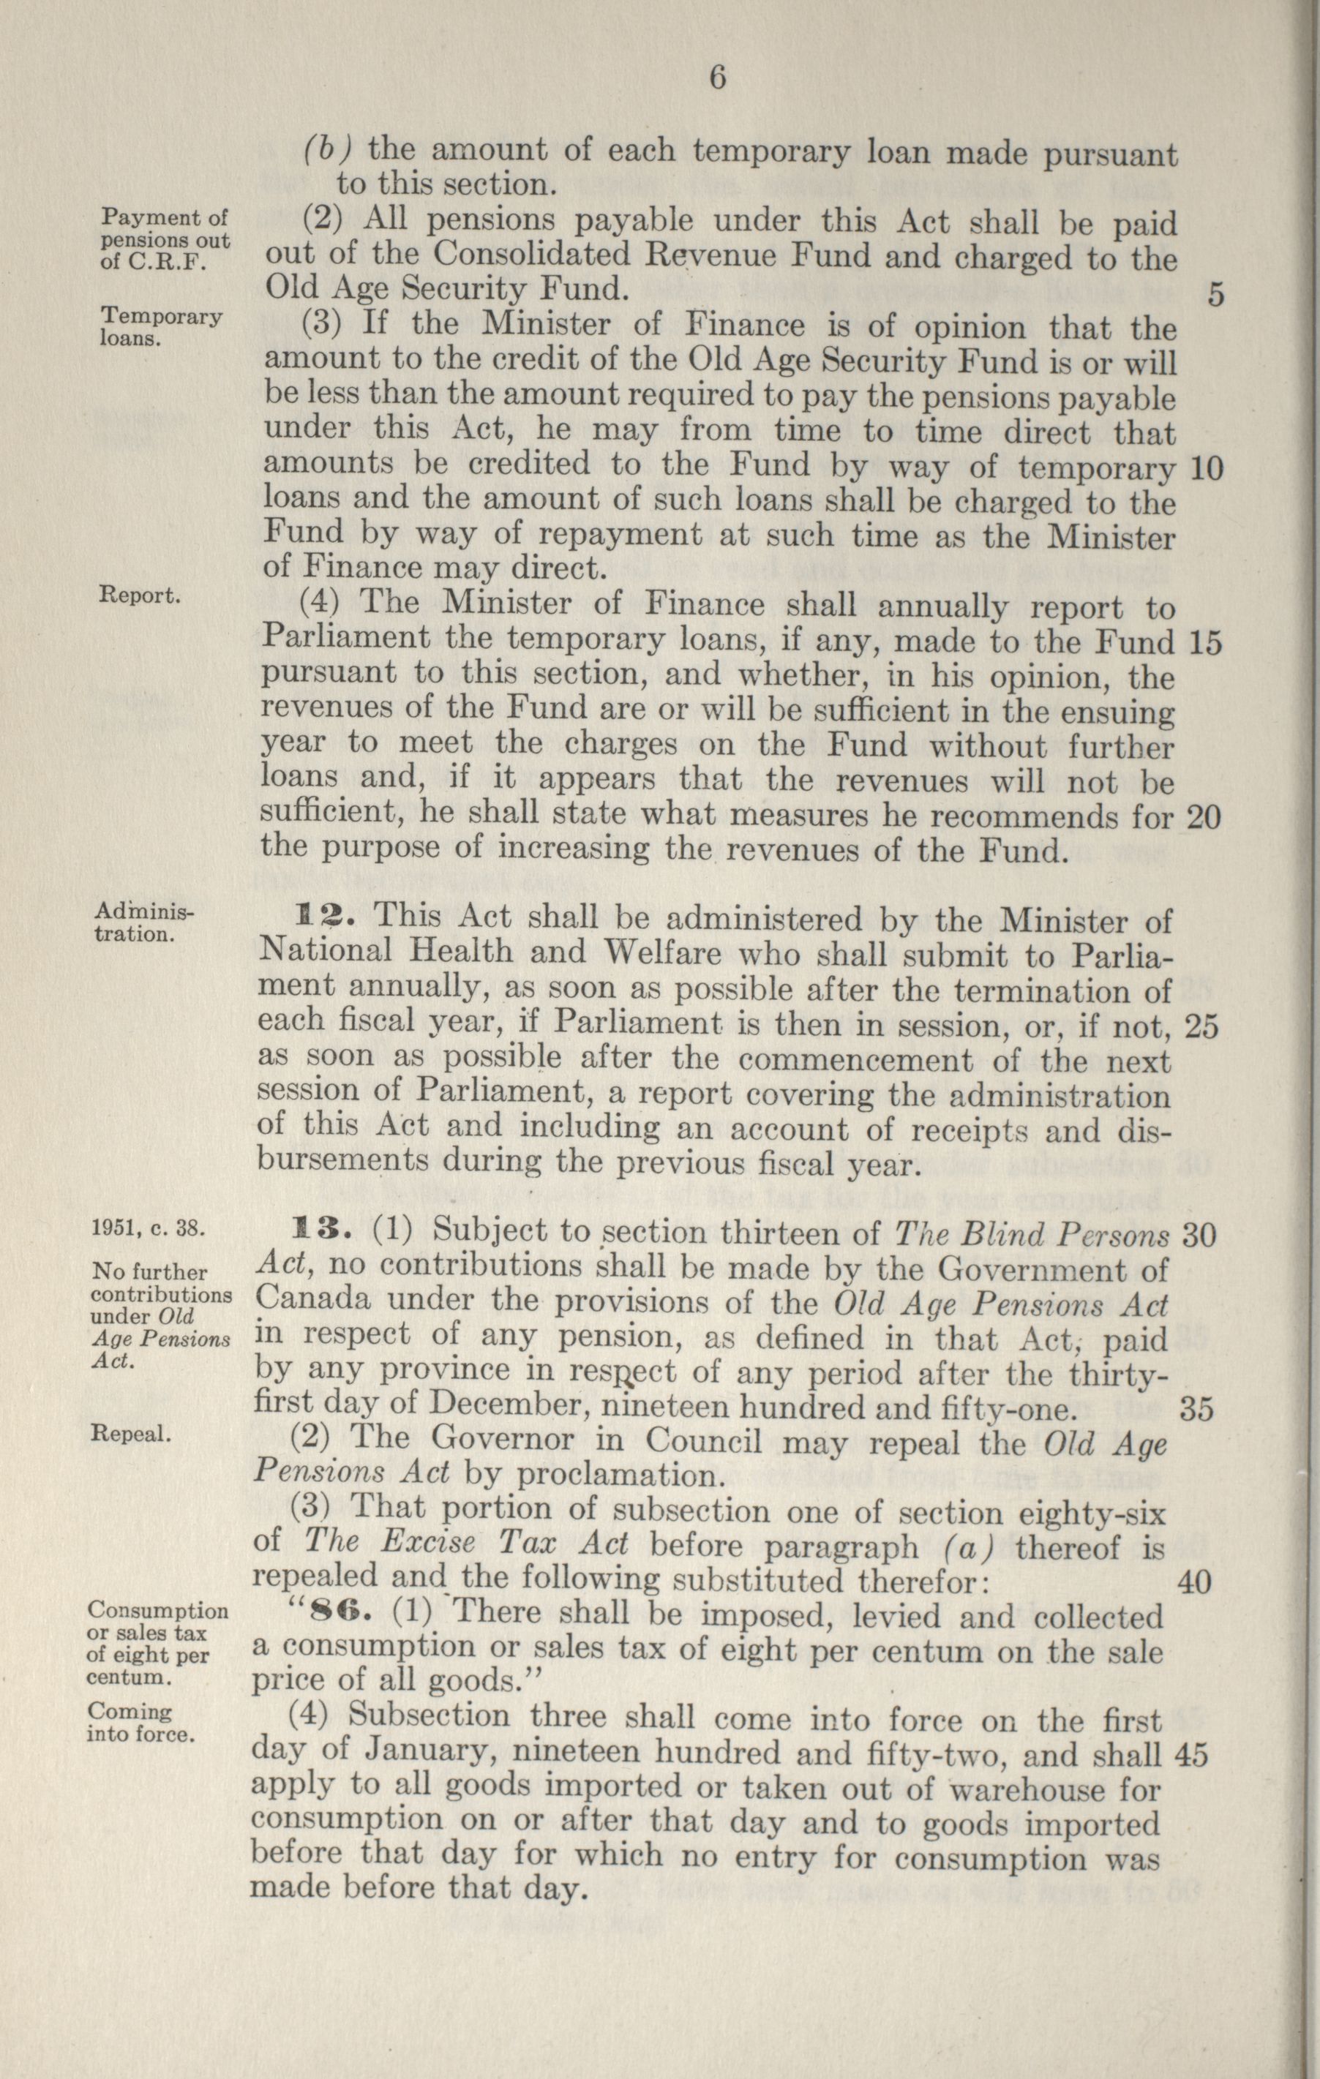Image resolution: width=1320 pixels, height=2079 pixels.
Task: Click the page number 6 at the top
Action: click(717, 78)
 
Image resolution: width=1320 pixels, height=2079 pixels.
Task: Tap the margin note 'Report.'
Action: click(140, 595)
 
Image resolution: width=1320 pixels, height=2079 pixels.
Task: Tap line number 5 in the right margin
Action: click(1215, 296)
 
